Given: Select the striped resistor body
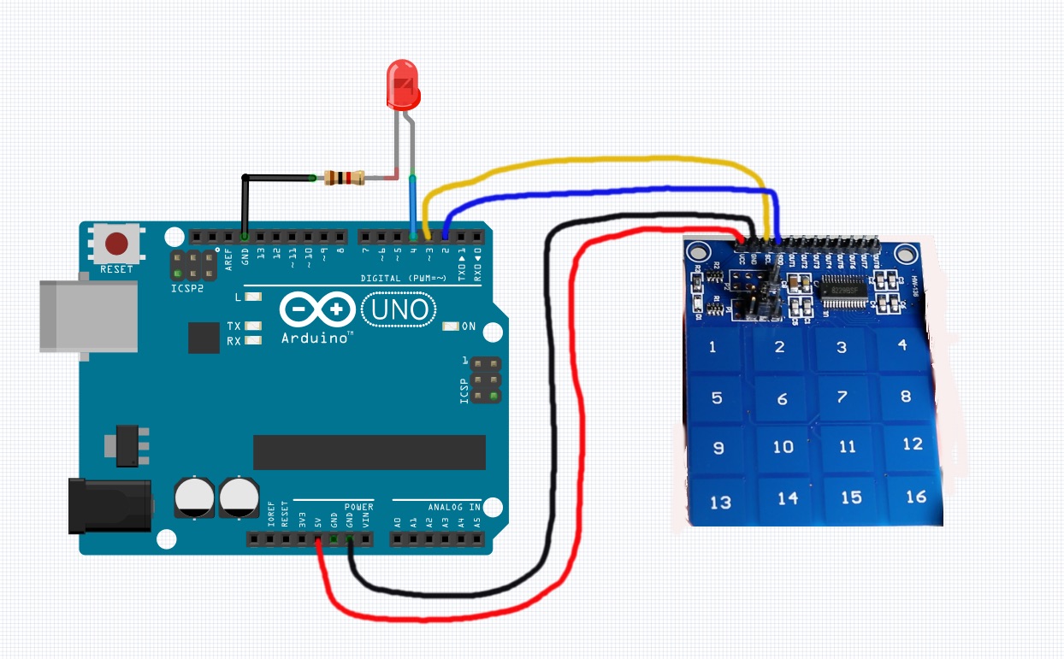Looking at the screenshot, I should (346, 178).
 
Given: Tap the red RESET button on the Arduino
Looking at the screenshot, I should (117, 245).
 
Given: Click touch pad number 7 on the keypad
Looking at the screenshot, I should (842, 397).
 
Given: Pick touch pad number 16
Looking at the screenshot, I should (916, 496).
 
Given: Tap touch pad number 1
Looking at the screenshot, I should (712, 347).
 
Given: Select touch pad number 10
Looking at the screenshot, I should (783, 447).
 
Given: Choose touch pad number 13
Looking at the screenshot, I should (720, 502).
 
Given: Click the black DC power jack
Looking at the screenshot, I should (109, 505).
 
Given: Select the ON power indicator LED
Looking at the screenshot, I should (450, 327).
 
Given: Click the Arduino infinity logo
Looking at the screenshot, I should (316, 309).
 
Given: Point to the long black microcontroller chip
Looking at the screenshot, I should (369, 452).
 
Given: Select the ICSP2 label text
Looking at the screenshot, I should (187, 289).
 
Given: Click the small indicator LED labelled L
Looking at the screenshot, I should (251, 297).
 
